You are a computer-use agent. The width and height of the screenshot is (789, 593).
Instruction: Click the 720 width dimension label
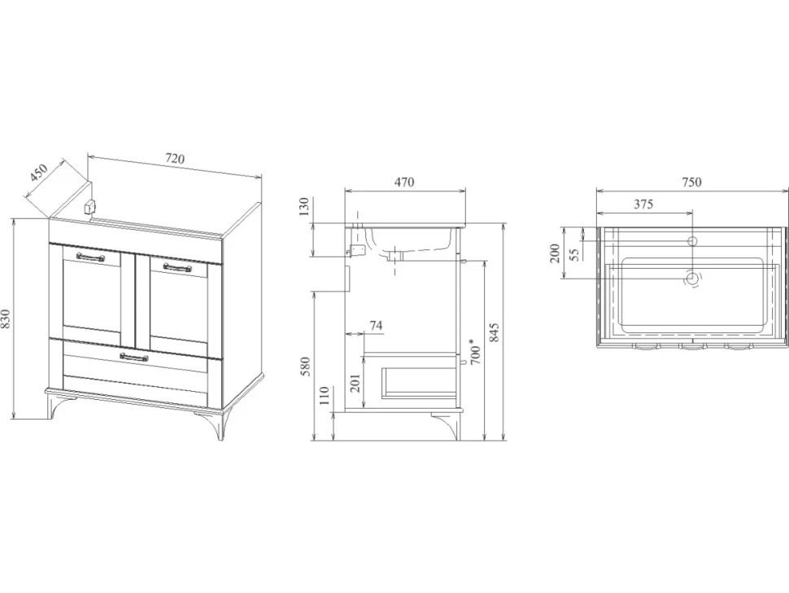pyautogui.click(x=175, y=158)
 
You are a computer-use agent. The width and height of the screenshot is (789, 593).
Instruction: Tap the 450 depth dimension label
pyautogui.click(x=38, y=173)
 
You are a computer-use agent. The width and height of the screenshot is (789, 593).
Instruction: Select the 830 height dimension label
pyautogui.click(x=6, y=319)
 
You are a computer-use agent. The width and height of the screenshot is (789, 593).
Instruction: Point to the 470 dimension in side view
pyautogui.click(x=404, y=182)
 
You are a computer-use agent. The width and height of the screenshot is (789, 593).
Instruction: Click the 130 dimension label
pyautogui.click(x=304, y=207)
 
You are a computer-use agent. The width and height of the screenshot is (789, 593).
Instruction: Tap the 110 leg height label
pyautogui.click(x=324, y=396)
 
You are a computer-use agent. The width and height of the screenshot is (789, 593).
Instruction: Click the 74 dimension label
pyautogui.click(x=376, y=326)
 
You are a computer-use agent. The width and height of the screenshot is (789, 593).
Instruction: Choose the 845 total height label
pyautogui.click(x=494, y=333)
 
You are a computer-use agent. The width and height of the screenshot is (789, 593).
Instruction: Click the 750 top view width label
pyautogui.click(x=691, y=182)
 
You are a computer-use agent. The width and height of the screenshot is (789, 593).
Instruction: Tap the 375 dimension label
pyautogui.click(x=643, y=204)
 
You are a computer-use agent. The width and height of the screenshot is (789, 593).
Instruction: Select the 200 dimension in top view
pyautogui.click(x=555, y=253)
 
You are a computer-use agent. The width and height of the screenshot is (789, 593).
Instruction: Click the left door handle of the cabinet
pyautogui.click(x=90, y=257)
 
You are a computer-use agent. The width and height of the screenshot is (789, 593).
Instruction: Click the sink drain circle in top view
pyautogui.click(x=693, y=278)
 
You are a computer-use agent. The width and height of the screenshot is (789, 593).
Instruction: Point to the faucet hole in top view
pyautogui.click(x=693, y=241)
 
